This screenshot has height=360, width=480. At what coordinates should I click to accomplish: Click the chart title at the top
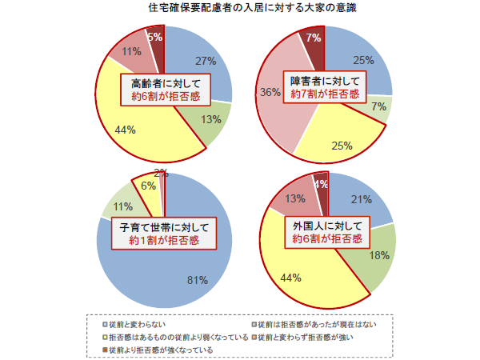click(241, 8)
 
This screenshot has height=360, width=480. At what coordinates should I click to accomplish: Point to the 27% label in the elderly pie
click(206, 61)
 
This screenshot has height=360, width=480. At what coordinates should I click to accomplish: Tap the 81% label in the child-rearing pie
click(198, 280)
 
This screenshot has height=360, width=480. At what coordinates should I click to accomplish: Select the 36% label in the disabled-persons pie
click(270, 92)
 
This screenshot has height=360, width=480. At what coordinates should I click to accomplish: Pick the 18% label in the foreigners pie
click(380, 256)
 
